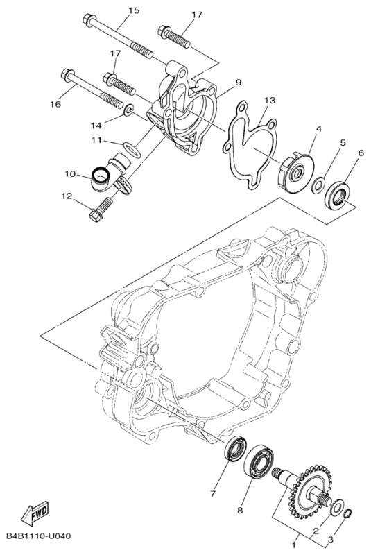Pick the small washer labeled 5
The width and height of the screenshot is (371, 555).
coord(318,185)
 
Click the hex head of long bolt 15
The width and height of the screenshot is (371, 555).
coord(87,18)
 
